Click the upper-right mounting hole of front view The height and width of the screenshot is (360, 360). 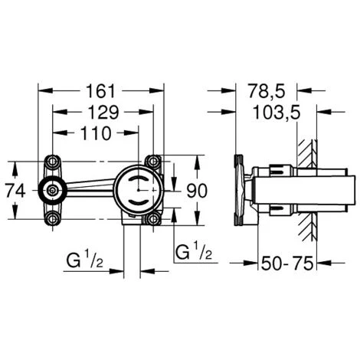154,162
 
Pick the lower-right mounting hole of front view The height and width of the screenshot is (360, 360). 154,220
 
